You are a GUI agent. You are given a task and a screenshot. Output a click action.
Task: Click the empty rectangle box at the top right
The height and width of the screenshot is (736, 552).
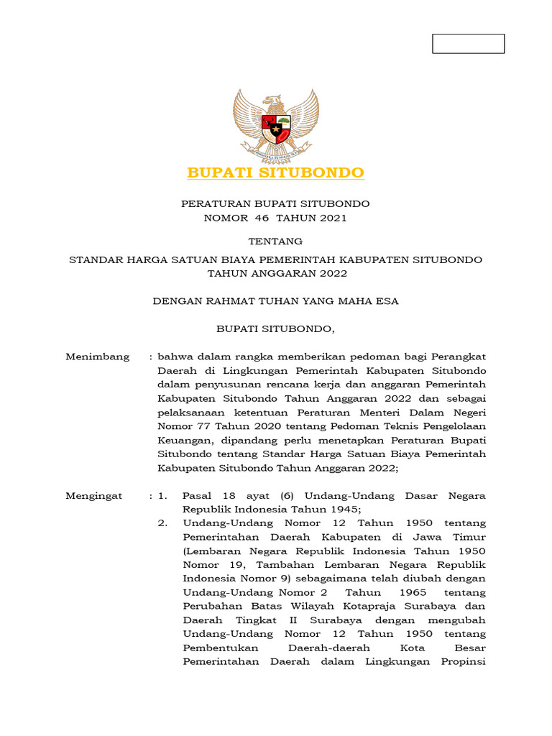468,44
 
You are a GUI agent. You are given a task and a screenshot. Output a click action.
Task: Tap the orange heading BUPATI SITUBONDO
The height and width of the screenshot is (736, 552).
276,173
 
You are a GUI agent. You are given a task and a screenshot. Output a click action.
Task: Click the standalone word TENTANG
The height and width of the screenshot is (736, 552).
275,241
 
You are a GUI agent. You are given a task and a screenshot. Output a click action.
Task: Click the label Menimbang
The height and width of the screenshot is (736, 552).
98,356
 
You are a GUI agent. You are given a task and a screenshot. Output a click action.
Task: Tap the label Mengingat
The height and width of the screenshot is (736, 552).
94,496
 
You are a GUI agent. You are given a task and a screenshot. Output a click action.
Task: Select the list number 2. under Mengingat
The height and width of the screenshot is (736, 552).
163,523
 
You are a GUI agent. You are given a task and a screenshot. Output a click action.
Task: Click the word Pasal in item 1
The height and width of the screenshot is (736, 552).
195,496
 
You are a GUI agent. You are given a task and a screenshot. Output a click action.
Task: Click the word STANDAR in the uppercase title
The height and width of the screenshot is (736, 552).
96,259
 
